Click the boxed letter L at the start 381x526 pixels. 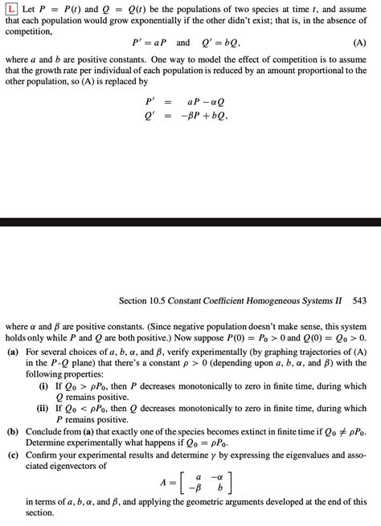(11, 10)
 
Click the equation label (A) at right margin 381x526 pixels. (358, 43)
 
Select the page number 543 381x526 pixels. (359, 300)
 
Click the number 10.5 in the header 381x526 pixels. (166, 300)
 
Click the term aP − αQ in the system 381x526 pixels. (204, 102)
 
